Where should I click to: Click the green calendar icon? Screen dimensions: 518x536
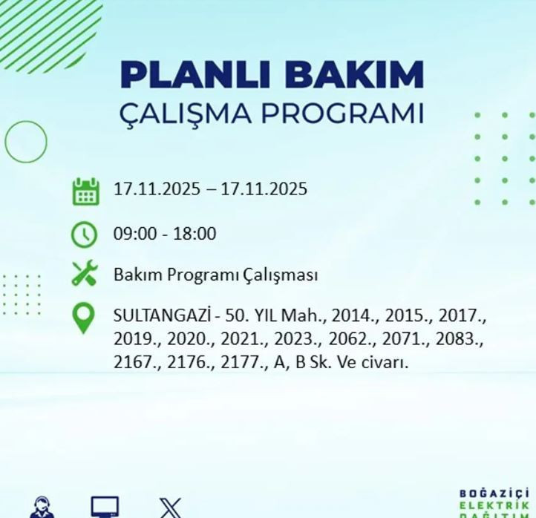click(x=85, y=191)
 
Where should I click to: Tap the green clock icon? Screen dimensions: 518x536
click(x=85, y=235)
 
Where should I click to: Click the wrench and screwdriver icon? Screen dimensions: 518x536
click(x=85, y=274)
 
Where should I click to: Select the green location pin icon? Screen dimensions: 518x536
click(x=84, y=318)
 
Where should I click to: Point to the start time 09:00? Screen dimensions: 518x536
click(x=134, y=235)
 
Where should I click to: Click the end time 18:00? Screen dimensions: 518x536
click(x=195, y=235)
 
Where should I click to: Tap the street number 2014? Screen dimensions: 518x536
click(x=354, y=315)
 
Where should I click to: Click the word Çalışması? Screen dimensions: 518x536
click(x=281, y=275)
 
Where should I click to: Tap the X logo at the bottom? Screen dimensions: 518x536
click(x=170, y=508)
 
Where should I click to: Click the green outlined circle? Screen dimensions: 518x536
click(x=26, y=142)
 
